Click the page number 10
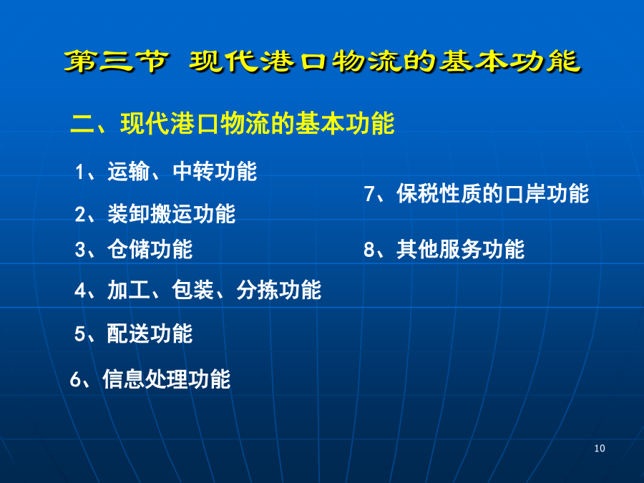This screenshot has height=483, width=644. point(599,448)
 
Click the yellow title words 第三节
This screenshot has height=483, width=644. point(116,62)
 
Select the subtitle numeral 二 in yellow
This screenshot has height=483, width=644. point(82,124)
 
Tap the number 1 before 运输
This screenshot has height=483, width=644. point(79,172)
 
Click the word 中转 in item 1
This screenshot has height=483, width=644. point(193,171)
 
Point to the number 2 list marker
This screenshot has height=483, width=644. point(80,215)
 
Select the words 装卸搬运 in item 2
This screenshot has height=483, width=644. point(150,214)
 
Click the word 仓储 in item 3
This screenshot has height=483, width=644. point(128,249)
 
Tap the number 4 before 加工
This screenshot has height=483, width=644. point(80,291)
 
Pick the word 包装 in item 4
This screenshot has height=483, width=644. point(193,290)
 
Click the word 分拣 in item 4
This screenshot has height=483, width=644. point(258,290)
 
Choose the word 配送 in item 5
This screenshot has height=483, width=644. point(128,333)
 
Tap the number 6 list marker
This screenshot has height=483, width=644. point(75,379)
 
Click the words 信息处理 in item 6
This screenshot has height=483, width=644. point(145,379)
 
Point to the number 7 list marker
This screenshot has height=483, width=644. point(369,193)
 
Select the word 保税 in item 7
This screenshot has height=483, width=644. point(417,193)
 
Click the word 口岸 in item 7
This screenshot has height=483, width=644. point(526,193)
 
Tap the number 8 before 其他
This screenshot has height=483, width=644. point(369,249)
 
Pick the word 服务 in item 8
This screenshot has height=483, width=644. point(460,249)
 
